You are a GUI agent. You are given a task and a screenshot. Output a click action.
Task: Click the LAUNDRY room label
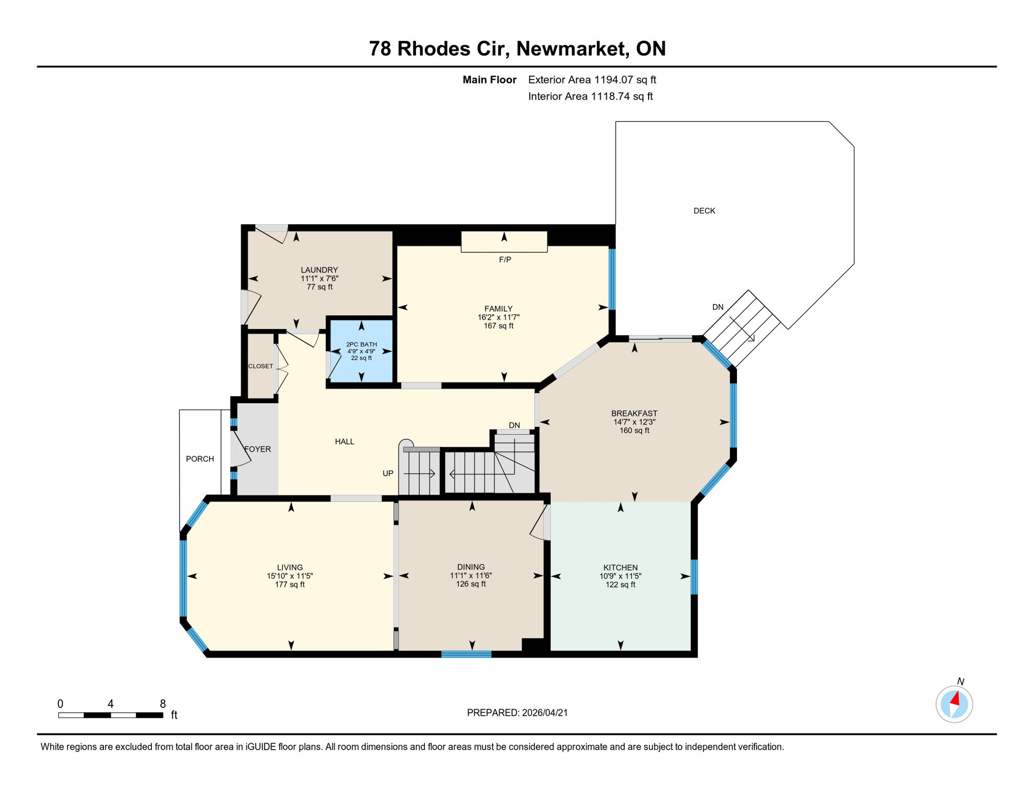pyautogui.click(x=319, y=269)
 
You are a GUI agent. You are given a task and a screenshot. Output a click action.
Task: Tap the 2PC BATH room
pyautogui.click(x=361, y=351)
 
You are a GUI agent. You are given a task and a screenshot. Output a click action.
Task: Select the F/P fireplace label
pyautogui.click(x=505, y=260)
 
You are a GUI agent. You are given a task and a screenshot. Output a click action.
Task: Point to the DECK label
pyautogui.click(x=704, y=211)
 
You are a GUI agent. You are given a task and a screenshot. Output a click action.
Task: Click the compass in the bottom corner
pyautogui.click(x=954, y=704)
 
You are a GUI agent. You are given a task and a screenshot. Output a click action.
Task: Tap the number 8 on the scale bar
pyautogui.click(x=163, y=704)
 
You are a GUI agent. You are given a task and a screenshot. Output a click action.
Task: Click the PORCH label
pyautogui.click(x=200, y=459)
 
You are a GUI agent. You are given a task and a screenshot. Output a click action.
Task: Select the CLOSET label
pyautogui.click(x=261, y=366)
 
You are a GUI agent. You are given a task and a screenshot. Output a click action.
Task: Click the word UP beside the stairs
pyautogui.click(x=388, y=473)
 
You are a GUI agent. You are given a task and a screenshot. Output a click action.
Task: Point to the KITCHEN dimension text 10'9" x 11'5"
pyautogui.click(x=620, y=576)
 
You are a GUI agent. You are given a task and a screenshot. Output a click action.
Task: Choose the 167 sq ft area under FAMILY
pyautogui.click(x=498, y=326)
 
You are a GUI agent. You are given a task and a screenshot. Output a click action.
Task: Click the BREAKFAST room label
pyautogui.click(x=634, y=414)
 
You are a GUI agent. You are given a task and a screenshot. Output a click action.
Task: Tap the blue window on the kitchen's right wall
pyautogui.click(x=694, y=576)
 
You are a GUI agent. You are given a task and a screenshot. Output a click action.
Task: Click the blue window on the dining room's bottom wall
pyautogui.click(x=467, y=654)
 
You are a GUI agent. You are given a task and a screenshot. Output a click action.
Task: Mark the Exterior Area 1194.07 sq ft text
pyautogui.click(x=592, y=80)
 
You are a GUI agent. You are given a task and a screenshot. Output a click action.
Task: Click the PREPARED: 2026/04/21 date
pyautogui.click(x=517, y=713)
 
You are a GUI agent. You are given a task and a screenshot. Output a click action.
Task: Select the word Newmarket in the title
pyautogui.click(x=570, y=48)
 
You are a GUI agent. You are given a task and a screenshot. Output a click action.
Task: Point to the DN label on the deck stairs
pyautogui.click(x=718, y=307)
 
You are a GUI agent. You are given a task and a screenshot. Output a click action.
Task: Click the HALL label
pyautogui.click(x=344, y=442)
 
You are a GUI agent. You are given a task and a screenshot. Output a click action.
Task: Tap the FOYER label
pyautogui.click(x=257, y=449)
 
